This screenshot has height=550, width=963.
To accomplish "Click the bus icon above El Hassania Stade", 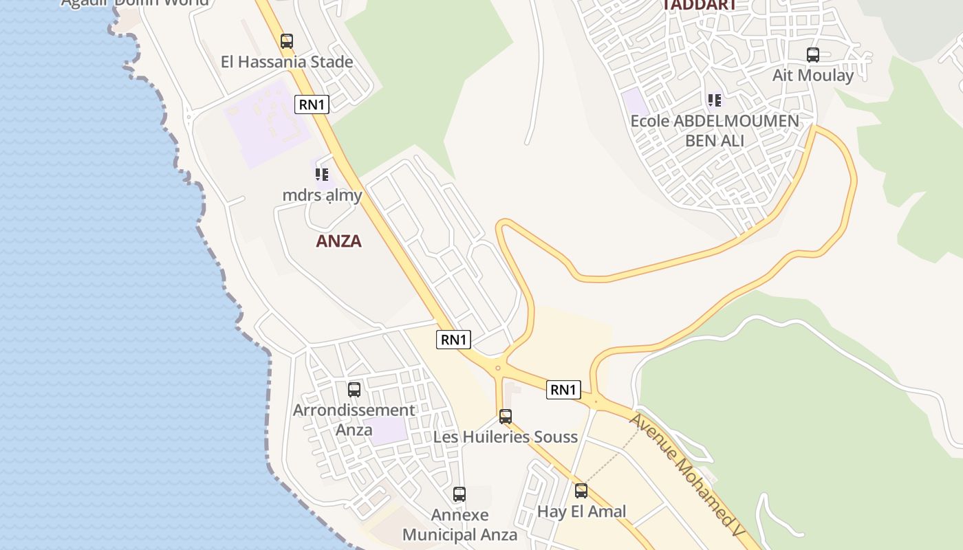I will pos(287,41).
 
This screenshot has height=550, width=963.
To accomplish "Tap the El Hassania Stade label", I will pos(287,62).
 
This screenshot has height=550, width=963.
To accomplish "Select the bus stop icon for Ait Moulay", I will pos(813,55).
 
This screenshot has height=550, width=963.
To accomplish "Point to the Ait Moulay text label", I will pos(813,75).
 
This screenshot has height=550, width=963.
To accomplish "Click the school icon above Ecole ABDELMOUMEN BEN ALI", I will pos(715,101).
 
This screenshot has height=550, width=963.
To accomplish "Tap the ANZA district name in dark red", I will pos(338,241).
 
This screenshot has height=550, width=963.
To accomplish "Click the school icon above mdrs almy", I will pos(322,175).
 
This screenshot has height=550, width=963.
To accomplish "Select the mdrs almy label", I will pos(322,195).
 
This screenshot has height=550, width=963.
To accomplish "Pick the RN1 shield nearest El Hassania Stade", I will pos(312,104).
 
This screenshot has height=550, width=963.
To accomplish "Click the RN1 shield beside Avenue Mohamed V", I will pos(563,390).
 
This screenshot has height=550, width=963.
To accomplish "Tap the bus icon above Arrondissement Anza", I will pos(354,390).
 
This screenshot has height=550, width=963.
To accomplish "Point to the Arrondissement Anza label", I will pos(354,420).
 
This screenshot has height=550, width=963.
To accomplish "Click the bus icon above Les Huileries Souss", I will pos(506,417).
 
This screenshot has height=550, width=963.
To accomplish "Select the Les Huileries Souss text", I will pos(506,437).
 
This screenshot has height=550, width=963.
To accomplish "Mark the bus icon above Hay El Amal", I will pos(581,491).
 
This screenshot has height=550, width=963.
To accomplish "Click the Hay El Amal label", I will pos(581,511).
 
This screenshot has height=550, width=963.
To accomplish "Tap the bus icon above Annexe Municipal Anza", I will pos(459,494).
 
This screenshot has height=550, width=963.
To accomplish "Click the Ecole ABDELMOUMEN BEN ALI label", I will pos(715,131).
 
